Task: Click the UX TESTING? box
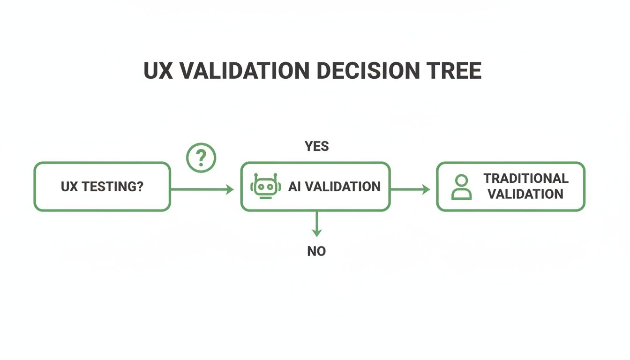pos(102,187)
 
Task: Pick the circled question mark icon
pos(201,158)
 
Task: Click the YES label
pos(317,146)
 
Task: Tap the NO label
pos(316,251)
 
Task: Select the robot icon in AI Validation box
pos(266,187)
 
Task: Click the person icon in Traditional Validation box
pos(461,187)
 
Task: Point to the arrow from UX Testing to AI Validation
pos(202,189)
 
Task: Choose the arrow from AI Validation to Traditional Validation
pos(410,189)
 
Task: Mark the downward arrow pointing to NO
pos(317,224)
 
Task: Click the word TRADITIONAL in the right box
pos(526,179)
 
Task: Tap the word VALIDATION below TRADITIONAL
pos(525,194)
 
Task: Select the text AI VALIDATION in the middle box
pos(334,187)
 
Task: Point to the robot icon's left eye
pos(262,186)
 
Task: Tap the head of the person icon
pos(461,180)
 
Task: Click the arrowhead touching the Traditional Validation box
pos(426,189)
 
